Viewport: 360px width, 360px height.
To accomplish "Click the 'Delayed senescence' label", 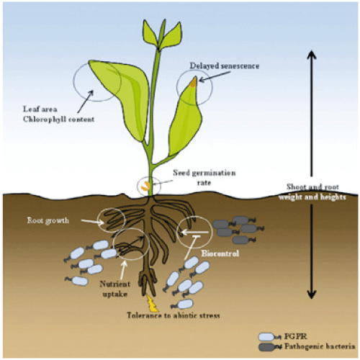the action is pyautogui.click(x=225, y=66).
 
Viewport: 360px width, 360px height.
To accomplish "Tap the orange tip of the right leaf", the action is pyautogui.click(x=194, y=82).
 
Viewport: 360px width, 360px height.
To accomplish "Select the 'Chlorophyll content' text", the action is pyautogui.click(x=59, y=120).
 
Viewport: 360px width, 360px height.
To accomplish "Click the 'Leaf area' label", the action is pyautogui.click(x=40, y=109).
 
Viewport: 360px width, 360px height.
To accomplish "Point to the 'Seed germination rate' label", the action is pyautogui.click(x=204, y=178).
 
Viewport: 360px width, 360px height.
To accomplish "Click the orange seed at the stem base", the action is pyautogui.click(x=145, y=186).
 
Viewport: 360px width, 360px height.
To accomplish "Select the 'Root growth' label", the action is pyautogui.click(x=48, y=220).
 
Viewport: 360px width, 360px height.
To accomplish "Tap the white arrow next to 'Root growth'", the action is pyautogui.click(x=92, y=222).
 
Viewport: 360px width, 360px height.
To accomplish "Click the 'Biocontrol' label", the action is pyautogui.click(x=220, y=253).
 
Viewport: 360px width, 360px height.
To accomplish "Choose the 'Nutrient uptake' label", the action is pyautogui.click(x=115, y=289).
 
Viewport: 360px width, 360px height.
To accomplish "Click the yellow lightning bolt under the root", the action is pyautogui.click(x=151, y=303).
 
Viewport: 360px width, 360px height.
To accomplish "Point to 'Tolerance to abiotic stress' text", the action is pyautogui.click(x=174, y=315).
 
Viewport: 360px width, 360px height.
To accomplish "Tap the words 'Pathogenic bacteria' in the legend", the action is pyautogui.click(x=320, y=346).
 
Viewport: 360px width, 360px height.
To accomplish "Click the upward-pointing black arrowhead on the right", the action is pyautogui.click(x=312, y=55).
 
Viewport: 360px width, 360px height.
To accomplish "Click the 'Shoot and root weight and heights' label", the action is pyautogui.click(x=312, y=192).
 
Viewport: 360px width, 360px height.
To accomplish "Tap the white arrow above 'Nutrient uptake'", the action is pyautogui.click(x=123, y=270).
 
